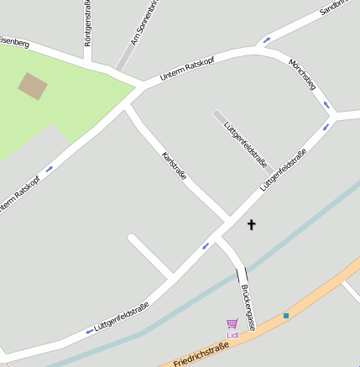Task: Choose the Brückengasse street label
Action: pyautogui.click(x=248, y=307)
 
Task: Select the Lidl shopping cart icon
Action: pyautogui.click(x=232, y=323)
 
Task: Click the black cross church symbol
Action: pyautogui.click(x=250, y=224)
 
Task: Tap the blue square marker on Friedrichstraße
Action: pyautogui.click(x=286, y=316)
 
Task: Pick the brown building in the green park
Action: pyautogui.click(x=33, y=86)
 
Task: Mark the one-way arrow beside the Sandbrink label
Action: pyautogui.click(x=267, y=40)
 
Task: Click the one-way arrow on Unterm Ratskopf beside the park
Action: pyautogui.click(x=49, y=169)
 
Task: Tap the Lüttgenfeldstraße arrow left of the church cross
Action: pyautogui.click(x=206, y=246)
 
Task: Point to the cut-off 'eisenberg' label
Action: pyautogui.click(x=14, y=40)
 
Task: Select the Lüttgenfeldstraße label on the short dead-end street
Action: pyautogui.click(x=246, y=144)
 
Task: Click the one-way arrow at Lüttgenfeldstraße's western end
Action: pyautogui.click(x=90, y=332)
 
